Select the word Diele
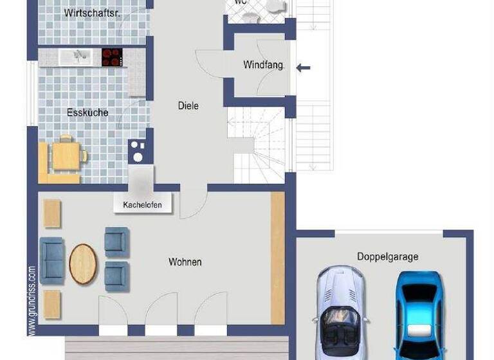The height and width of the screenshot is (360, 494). point(188,106)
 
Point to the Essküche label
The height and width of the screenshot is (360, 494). point(87,113)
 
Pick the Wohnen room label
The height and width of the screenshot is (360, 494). point(185,262)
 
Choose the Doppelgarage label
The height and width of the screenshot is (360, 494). point(387,256)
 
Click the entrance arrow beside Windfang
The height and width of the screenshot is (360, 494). point(304,67)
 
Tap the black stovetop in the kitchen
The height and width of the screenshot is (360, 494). point(111,58)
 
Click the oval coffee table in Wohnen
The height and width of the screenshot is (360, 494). point(83,264)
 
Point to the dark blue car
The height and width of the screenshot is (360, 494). point(418,312)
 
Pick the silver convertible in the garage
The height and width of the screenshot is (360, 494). point(340,309)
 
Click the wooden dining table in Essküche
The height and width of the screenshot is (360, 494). point(64,154)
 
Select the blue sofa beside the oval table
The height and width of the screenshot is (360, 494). point(52,260)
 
